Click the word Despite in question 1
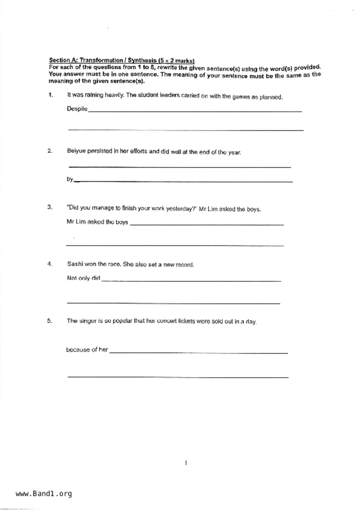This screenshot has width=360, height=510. coord(77,109)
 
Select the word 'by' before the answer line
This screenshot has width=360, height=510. coord(70,179)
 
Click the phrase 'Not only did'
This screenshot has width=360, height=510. coord(83,278)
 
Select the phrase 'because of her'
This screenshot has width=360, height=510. coord(87,349)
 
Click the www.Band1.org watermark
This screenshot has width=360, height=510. coord(44,493)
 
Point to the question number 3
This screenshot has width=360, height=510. coord(50,207)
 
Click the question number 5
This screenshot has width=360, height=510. coord(50,321)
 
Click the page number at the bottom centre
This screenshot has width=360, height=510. coord(186,463)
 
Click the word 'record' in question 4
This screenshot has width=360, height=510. coord(185,265)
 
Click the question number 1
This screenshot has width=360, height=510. coord(51,95)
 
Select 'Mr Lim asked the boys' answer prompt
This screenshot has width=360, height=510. coord(97,222)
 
